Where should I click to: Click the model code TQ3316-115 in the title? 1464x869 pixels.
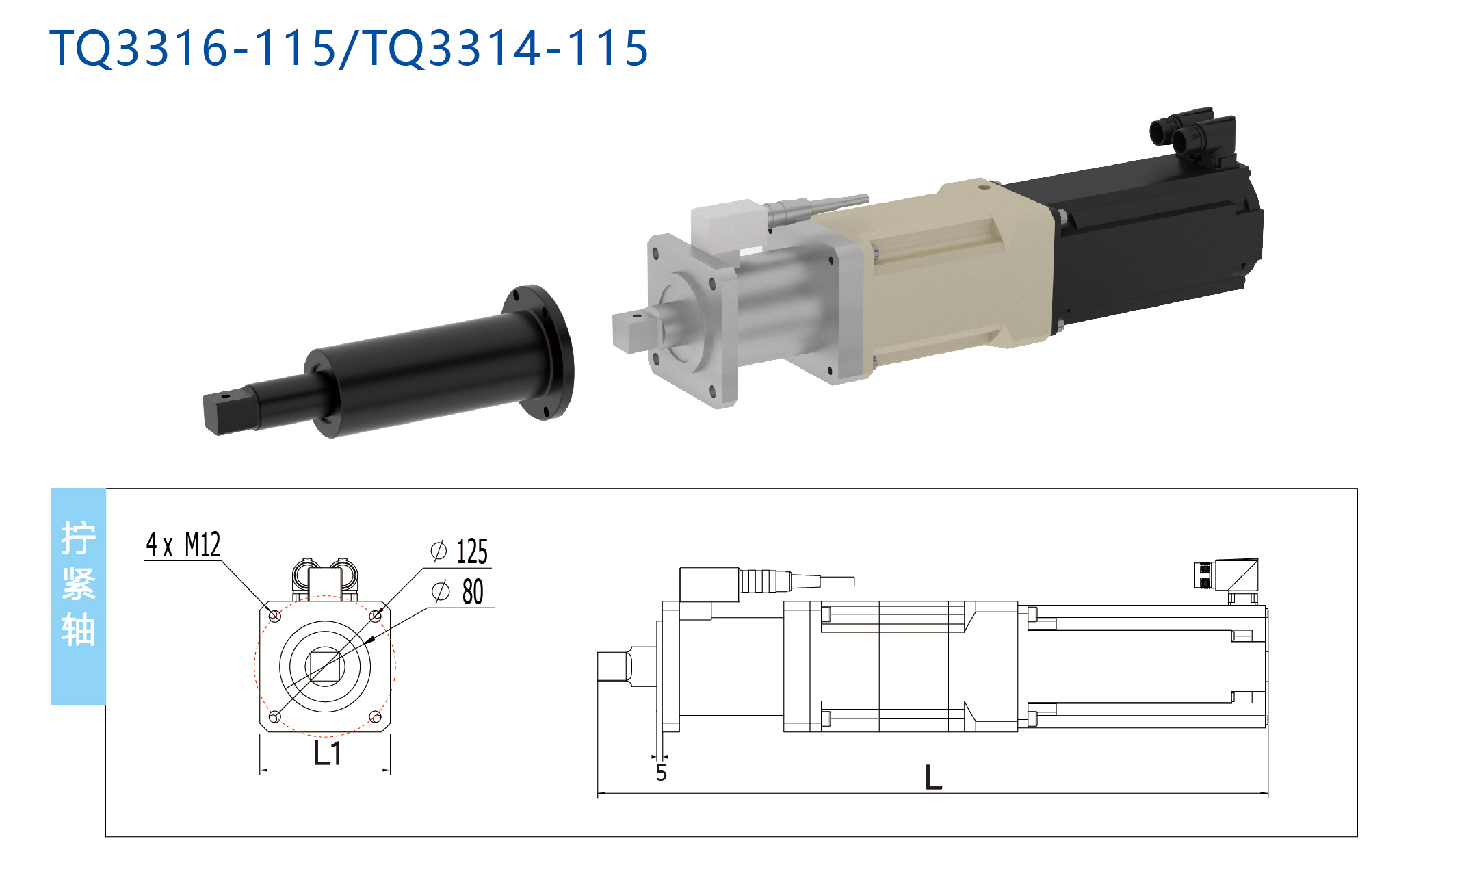pos(194,48)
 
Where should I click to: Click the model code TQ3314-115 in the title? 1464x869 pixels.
pos(506,48)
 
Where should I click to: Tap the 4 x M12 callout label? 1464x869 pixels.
pos(183,545)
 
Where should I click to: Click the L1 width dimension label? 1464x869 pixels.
pos(327,753)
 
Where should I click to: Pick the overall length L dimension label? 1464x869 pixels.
pos(933,777)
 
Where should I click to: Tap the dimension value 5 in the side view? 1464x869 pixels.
pos(661,773)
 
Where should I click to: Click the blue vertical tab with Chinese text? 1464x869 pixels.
pos(79,596)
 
